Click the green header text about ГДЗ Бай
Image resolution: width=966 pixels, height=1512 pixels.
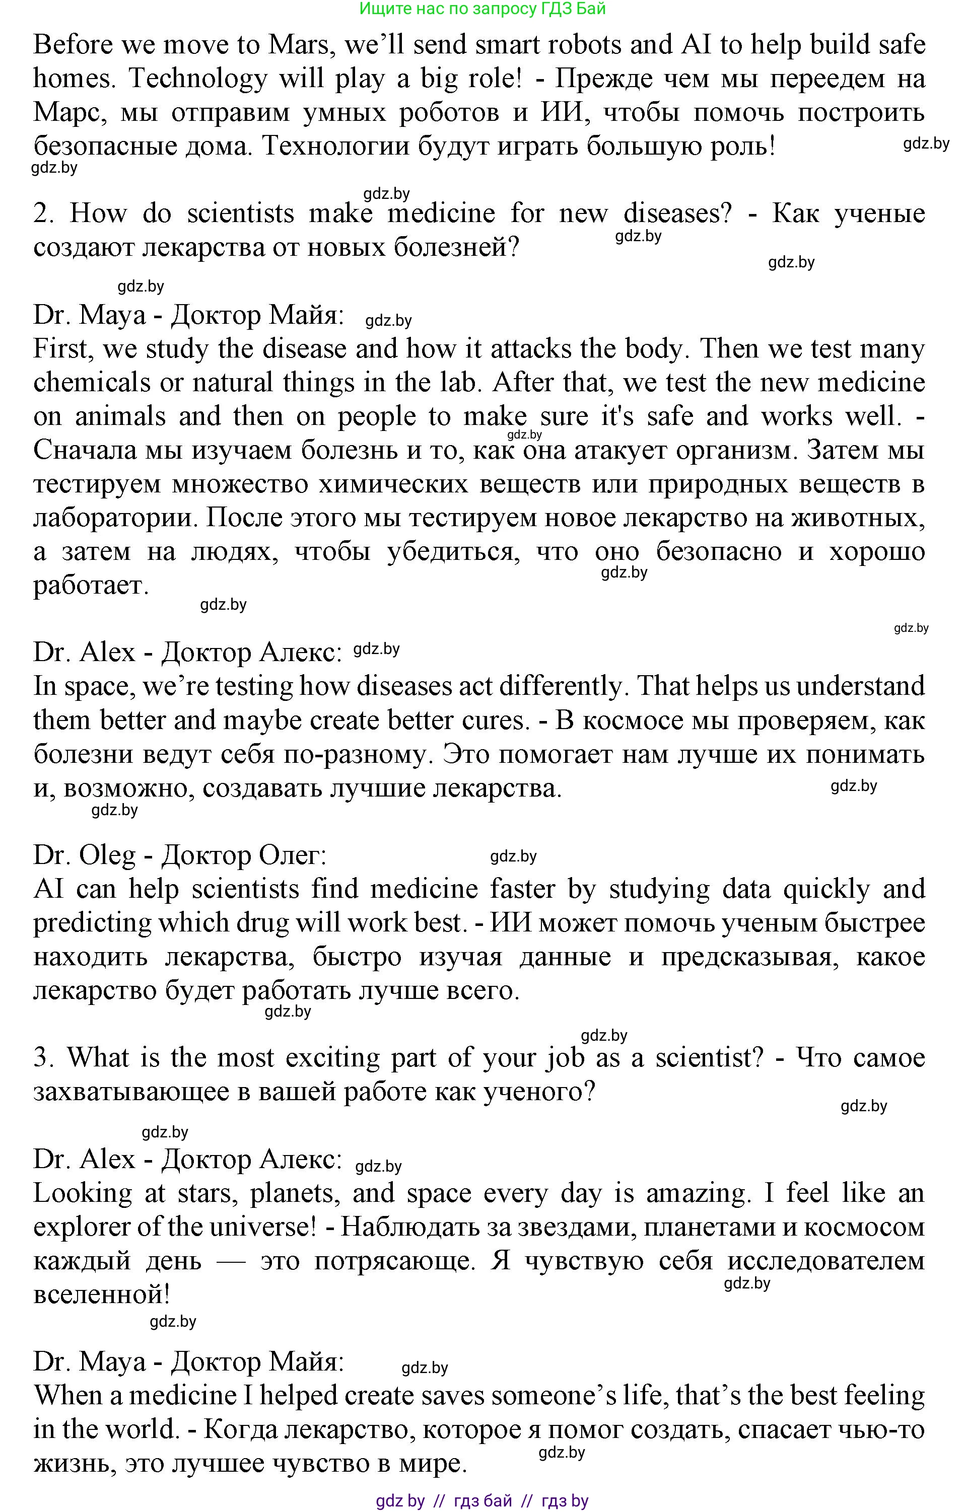click(482, 9)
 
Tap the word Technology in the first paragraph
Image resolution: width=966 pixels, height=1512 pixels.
click(198, 79)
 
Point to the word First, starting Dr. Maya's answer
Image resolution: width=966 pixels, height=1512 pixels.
click(62, 349)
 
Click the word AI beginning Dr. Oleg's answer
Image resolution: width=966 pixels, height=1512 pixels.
click(48, 889)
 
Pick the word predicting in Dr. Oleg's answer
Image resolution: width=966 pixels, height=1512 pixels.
click(92, 923)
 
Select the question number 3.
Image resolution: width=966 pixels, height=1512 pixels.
click(43, 1058)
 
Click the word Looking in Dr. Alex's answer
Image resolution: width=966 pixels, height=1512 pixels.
click(83, 1193)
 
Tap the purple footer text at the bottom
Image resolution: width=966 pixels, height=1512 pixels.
click(482, 1501)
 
